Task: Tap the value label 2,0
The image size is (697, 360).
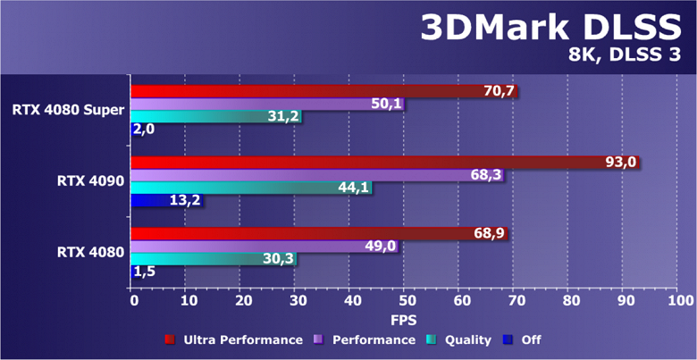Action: (x=144, y=130)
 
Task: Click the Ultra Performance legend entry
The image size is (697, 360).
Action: (x=234, y=339)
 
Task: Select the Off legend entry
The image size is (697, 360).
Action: (x=523, y=339)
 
